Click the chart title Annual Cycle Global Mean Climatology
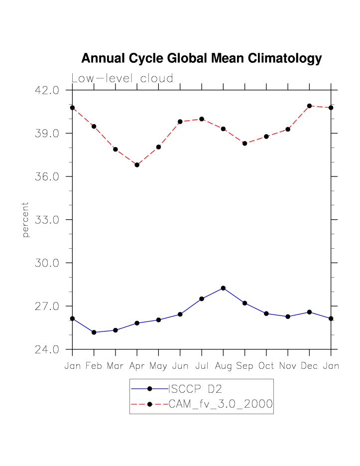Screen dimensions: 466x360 coord(201,58)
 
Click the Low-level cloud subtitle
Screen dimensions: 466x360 coord(122,78)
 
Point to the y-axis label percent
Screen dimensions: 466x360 coord(26,219)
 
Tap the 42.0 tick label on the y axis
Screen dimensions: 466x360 coord(47,90)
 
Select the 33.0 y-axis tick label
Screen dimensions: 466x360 coord(47,220)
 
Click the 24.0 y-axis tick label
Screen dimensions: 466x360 coord(47,349)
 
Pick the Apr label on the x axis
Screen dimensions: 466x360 coord(137,366)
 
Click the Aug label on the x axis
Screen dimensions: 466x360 coord(223,366)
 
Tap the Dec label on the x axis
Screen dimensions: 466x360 coord(309,366)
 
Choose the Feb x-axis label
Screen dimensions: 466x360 coord(94,366)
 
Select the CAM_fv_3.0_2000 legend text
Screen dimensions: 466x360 coord(221,404)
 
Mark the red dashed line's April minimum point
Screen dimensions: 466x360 coord(137,164)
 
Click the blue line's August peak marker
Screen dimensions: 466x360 coord(223,288)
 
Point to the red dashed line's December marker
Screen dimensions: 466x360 coord(309,106)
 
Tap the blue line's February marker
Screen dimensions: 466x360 coord(94,332)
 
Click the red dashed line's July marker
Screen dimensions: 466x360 coord(202,119)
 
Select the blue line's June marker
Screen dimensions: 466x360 coord(180,314)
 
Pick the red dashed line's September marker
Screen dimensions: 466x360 coord(244,144)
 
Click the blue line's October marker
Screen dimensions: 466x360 coord(266,313)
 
